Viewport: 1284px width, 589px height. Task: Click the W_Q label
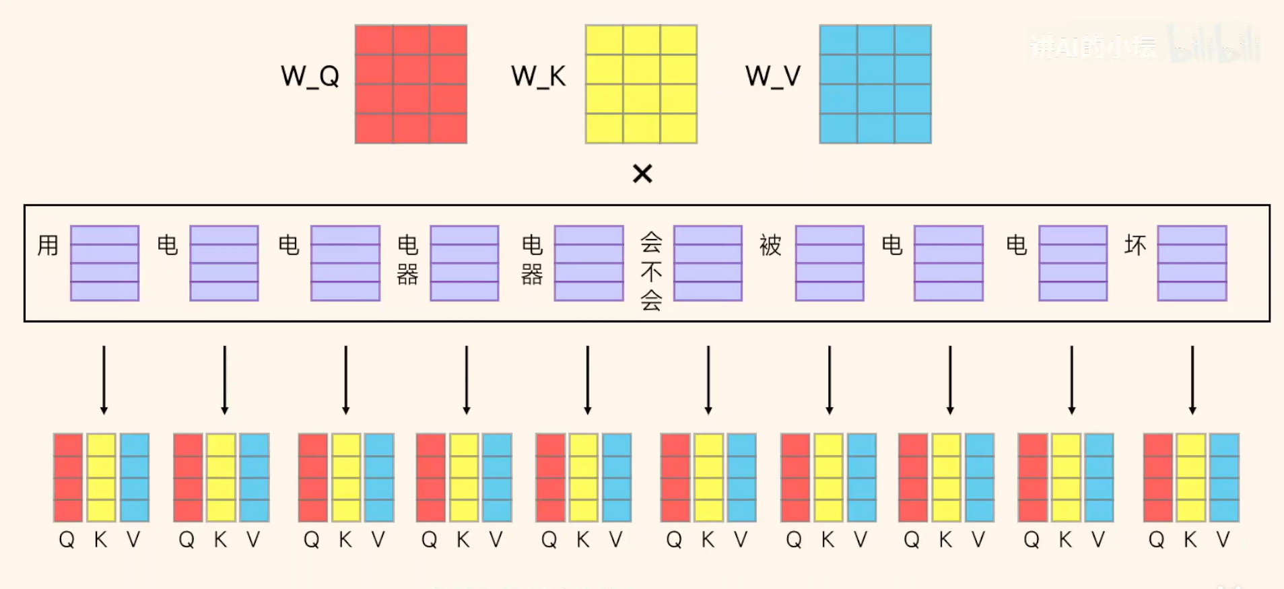coord(310,77)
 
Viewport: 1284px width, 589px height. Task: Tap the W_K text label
coord(538,77)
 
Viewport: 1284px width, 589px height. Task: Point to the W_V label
coord(772,77)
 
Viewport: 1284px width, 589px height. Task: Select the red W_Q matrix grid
coord(411,84)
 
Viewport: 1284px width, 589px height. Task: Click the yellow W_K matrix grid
coord(641,84)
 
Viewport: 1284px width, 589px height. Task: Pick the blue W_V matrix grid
coord(875,84)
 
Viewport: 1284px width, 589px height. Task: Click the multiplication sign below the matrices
coord(642,174)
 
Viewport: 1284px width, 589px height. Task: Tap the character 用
coord(48,245)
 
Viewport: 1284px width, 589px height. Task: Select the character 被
coord(770,245)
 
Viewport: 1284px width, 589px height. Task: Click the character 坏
coord(1135,245)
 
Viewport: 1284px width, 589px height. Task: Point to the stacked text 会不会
coord(651,271)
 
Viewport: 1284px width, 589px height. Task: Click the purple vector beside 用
coord(104,263)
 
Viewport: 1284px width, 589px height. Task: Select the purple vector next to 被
coord(830,263)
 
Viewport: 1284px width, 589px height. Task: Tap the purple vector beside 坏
coord(1192,263)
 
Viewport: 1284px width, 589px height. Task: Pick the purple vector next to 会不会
coord(708,263)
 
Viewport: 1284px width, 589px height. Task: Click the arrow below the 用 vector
coord(104,380)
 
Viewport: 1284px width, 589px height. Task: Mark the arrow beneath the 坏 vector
coord(1192,380)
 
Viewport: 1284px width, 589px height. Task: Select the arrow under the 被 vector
coord(830,380)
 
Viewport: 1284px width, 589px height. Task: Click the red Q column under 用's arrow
coord(68,478)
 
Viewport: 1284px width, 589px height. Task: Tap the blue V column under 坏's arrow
coord(1224,478)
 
